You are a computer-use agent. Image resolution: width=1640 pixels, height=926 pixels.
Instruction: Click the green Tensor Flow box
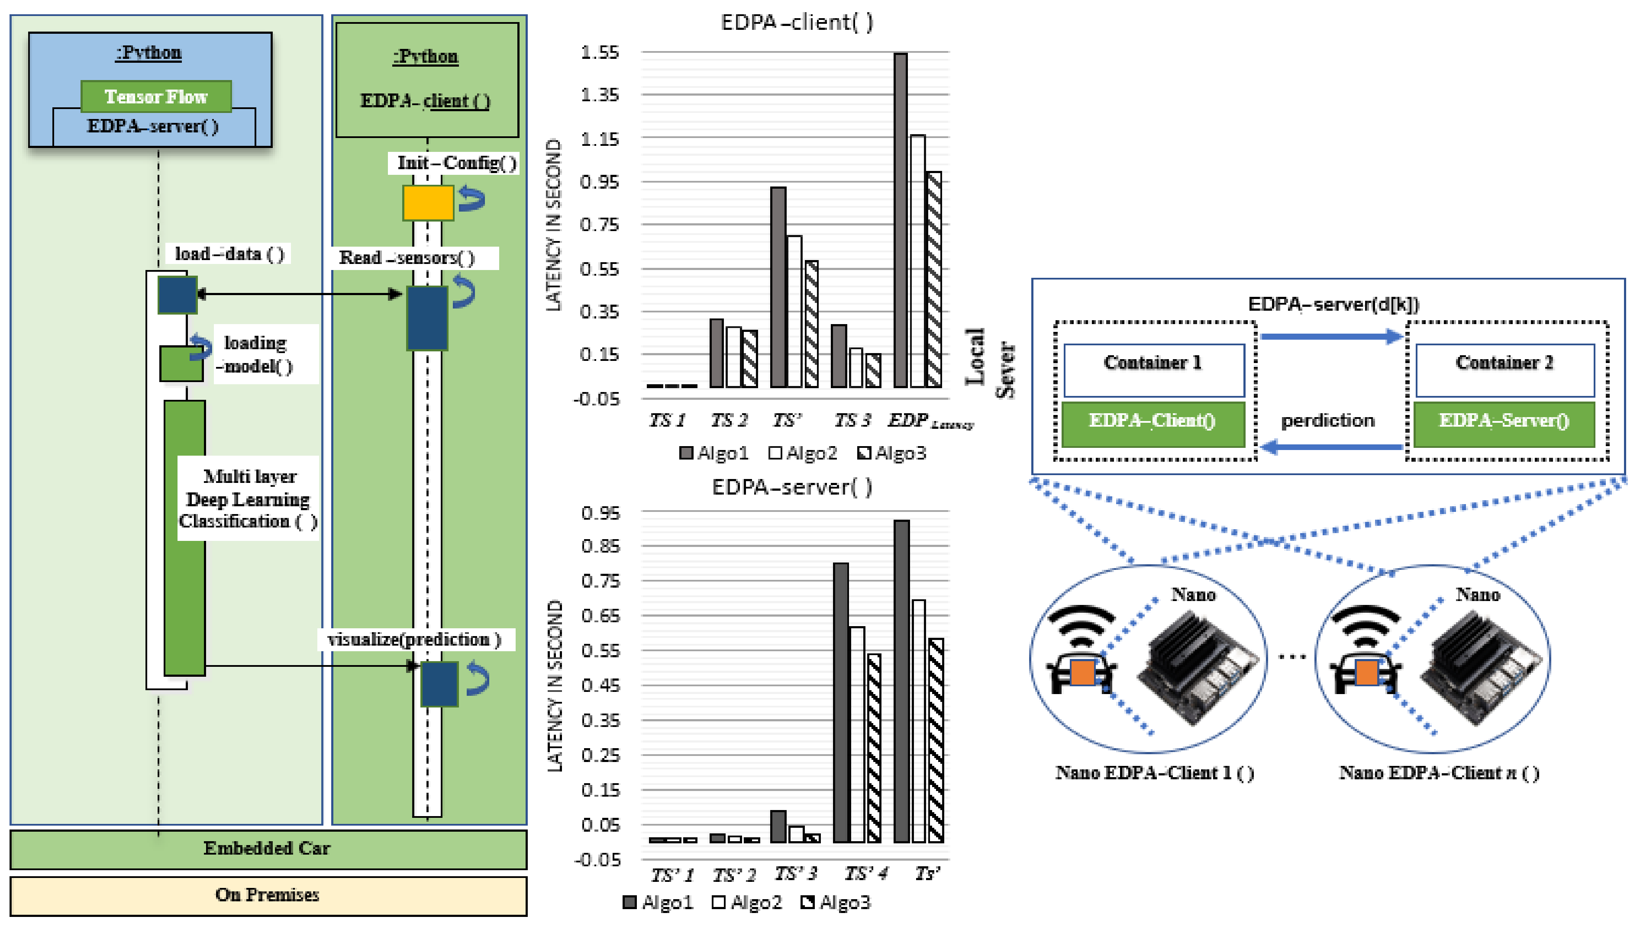[x=156, y=96]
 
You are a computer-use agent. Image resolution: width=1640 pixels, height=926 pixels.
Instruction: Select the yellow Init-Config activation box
[x=428, y=203]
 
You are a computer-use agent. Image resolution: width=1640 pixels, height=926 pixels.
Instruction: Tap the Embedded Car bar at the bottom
[x=268, y=849]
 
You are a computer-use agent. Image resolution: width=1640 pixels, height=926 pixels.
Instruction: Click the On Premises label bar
[x=268, y=895]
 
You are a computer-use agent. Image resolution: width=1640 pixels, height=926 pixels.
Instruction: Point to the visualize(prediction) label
[x=414, y=640]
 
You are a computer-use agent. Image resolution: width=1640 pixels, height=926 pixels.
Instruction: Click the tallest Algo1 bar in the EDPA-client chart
[x=900, y=219]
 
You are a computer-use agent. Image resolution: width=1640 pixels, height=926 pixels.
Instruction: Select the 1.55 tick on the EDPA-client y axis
[x=599, y=52]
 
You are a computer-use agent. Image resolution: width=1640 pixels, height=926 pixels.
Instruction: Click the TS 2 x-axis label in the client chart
[x=729, y=421]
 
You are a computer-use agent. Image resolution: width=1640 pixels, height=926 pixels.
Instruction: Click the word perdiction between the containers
[x=1327, y=421]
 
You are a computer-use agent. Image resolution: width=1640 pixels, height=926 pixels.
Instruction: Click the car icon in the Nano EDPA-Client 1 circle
[x=1081, y=672]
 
